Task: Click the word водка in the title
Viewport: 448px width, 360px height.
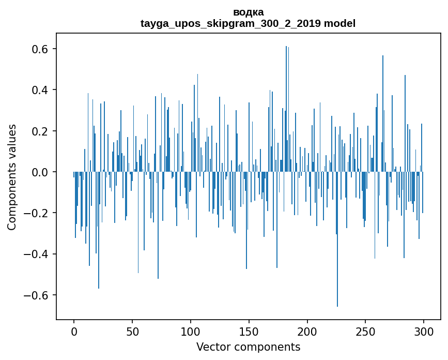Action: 248,12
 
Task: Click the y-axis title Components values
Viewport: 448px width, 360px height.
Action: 12,177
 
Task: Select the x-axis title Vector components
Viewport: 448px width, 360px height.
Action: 248,347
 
